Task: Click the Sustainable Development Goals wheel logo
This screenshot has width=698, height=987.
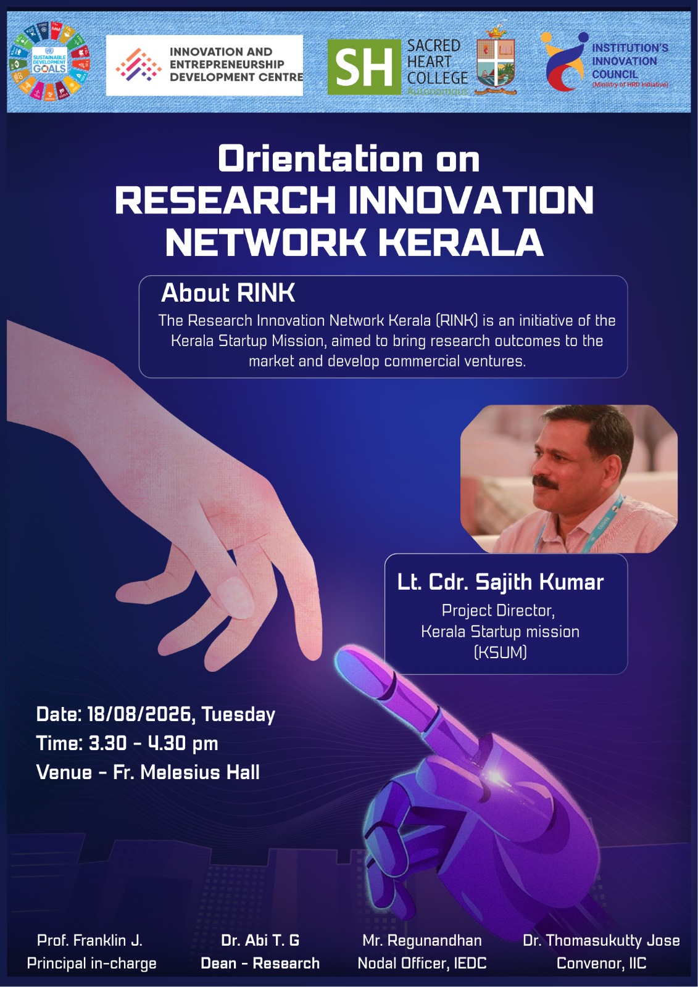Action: pos(49,61)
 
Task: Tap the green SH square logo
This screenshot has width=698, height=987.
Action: pos(364,67)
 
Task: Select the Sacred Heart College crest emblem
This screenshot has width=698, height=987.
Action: pos(496,60)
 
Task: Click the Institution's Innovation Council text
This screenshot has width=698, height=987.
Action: pos(629,62)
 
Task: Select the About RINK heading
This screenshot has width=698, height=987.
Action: pos(228,292)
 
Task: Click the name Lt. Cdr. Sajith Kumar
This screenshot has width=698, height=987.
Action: pos(500,582)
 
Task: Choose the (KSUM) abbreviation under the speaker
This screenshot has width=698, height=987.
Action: pos(500,652)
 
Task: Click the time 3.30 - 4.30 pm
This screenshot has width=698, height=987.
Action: pos(154,743)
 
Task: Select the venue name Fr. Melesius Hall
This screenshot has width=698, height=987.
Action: pos(186,772)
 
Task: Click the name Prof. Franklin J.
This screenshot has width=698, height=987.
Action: pos(89,940)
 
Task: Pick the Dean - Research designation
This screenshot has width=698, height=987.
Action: pos(260,963)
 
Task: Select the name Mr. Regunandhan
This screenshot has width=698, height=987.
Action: pos(422,940)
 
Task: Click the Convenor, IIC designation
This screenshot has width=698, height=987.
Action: pos(602,963)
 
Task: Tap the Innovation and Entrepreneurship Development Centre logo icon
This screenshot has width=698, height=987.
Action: pos(138,65)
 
